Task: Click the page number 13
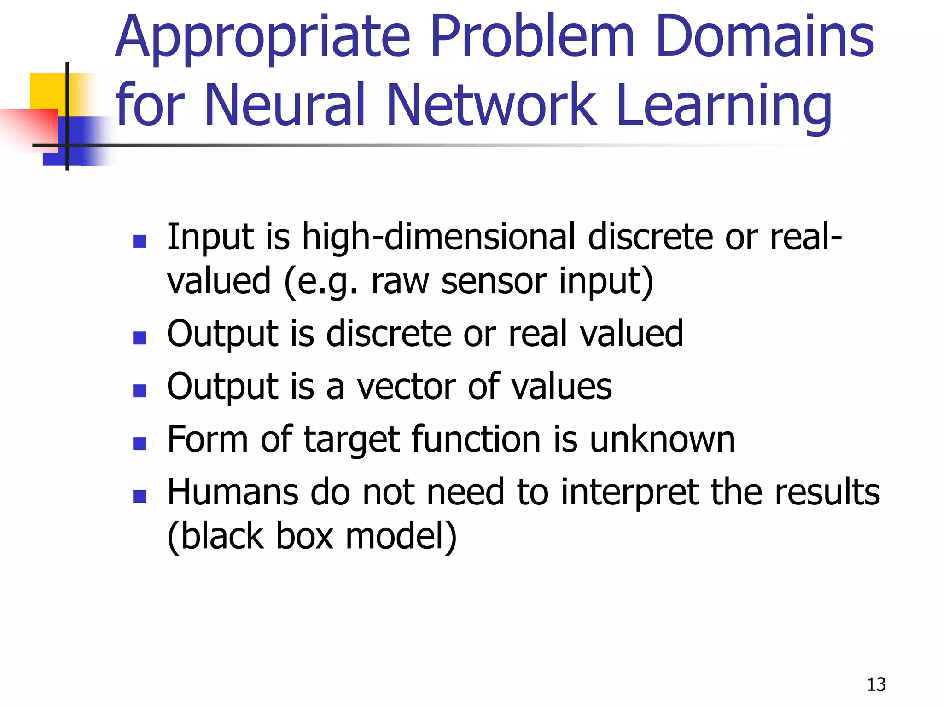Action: (876, 684)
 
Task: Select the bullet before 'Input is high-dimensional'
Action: (139, 241)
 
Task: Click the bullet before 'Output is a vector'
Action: (139, 391)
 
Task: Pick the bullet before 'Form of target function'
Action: (139, 443)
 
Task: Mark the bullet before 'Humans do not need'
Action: (139, 496)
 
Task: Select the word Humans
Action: (233, 493)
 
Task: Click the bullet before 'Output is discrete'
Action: (139, 338)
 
